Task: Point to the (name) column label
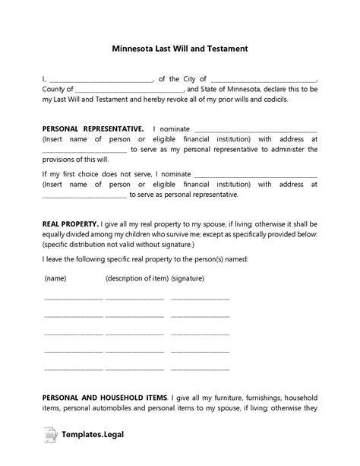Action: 55,279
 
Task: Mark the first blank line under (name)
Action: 73,298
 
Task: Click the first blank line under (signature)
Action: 200,298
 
